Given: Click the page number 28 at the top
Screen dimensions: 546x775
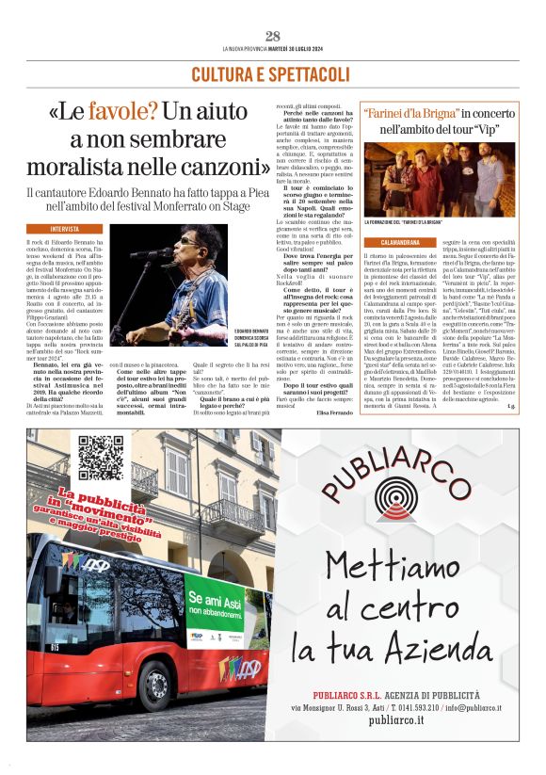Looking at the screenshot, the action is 273,36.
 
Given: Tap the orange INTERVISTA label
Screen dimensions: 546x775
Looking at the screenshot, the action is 64,229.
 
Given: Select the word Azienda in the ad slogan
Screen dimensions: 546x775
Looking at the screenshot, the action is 463,650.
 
